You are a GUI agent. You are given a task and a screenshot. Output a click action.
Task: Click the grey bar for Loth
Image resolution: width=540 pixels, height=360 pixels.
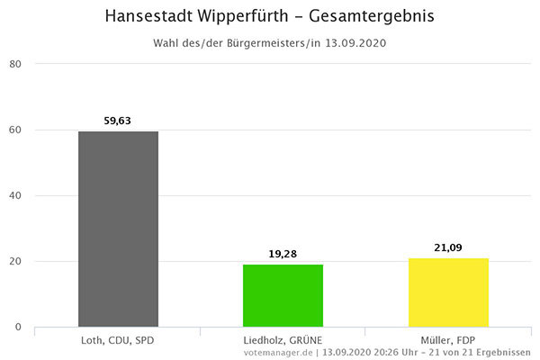[x=118, y=229]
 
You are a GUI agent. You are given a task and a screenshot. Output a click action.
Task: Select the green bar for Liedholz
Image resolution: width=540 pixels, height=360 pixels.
[x=283, y=295]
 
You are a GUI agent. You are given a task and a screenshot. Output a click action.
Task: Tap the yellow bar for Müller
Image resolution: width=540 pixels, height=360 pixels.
[x=448, y=292]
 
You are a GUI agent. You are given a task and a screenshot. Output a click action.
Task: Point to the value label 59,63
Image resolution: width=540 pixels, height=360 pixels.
[x=118, y=121]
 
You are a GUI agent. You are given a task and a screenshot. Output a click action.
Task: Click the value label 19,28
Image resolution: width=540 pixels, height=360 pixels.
[x=283, y=254]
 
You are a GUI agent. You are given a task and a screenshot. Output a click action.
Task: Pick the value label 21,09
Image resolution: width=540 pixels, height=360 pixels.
[x=448, y=247]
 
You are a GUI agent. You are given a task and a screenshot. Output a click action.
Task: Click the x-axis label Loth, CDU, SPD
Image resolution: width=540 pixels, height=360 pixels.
[x=118, y=340]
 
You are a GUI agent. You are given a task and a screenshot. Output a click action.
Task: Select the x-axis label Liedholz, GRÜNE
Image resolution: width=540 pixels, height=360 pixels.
[x=283, y=340]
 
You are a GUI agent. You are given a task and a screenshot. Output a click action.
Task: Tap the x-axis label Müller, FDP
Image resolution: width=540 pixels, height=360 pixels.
[x=448, y=340]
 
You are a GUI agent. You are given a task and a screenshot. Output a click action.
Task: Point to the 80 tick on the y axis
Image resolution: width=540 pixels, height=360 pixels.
[x=15, y=64]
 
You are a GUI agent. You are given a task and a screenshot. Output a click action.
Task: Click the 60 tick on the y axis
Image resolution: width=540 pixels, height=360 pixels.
[x=15, y=130]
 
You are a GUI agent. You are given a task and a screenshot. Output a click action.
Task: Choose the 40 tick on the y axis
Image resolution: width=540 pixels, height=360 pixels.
[x=15, y=196]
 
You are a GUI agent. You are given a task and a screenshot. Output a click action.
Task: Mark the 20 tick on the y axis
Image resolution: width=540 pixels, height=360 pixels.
[x=15, y=262]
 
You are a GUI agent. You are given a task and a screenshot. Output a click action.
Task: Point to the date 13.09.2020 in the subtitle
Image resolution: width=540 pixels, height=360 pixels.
[x=355, y=43]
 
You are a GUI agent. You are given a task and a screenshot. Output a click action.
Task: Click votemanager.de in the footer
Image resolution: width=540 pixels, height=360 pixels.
[x=277, y=352]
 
